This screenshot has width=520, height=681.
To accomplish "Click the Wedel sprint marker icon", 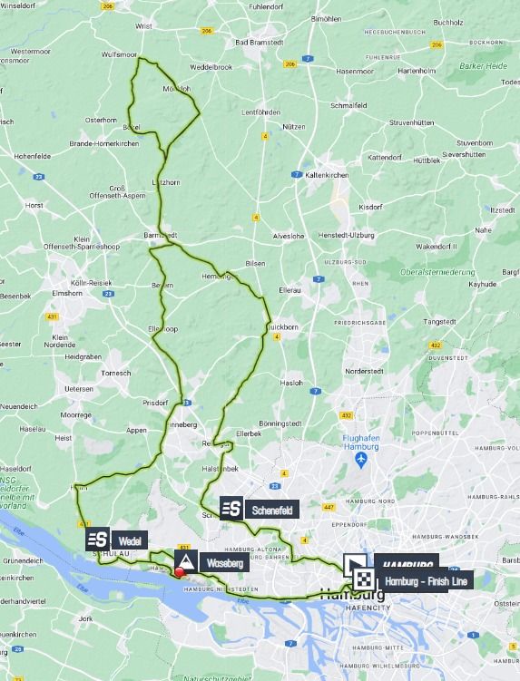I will pos(98,540).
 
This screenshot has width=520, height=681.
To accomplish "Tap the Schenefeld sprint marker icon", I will pos(231,509).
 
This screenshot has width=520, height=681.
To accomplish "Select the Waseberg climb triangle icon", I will pos(184,562).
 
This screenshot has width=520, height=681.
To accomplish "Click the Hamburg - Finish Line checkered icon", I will pos(363,579).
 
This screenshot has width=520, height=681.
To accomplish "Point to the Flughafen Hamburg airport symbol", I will pos(360,461).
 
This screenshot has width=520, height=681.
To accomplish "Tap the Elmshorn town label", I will pos(67,294).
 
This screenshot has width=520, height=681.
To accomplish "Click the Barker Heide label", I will pos(483,66).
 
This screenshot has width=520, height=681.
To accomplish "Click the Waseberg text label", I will pos(224,563).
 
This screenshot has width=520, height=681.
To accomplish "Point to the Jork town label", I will pos(86,618).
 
